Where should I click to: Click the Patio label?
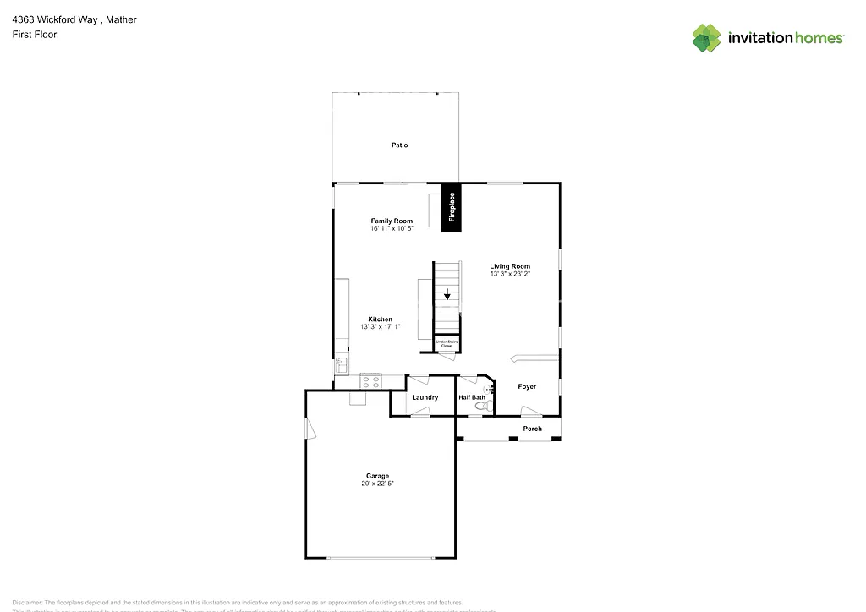tap(399, 145)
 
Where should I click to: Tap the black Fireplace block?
tap(452, 206)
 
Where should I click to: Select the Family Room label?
tap(392, 221)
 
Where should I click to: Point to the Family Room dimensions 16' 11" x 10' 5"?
tap(392, 229)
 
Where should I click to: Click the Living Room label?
tap(510, 266)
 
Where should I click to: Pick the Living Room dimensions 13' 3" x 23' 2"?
tap(510, 274)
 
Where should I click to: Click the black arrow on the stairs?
tap(447, 295)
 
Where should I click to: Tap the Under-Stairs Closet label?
tap(445, 343)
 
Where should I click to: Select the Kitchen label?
tap(380, 319)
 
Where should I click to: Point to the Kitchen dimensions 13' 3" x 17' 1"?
tap(380, 326)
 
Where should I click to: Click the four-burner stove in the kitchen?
tap(371, 381)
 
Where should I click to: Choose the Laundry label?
tap(425, 397)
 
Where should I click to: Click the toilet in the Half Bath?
tap(481, 407)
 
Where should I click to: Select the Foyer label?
tap(527, 386)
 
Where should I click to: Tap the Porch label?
tap(532, 429)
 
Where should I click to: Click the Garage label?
tap(377, 476)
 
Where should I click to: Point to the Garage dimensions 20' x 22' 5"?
tap(377, 484)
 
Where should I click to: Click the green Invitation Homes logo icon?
tap(706, 38)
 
